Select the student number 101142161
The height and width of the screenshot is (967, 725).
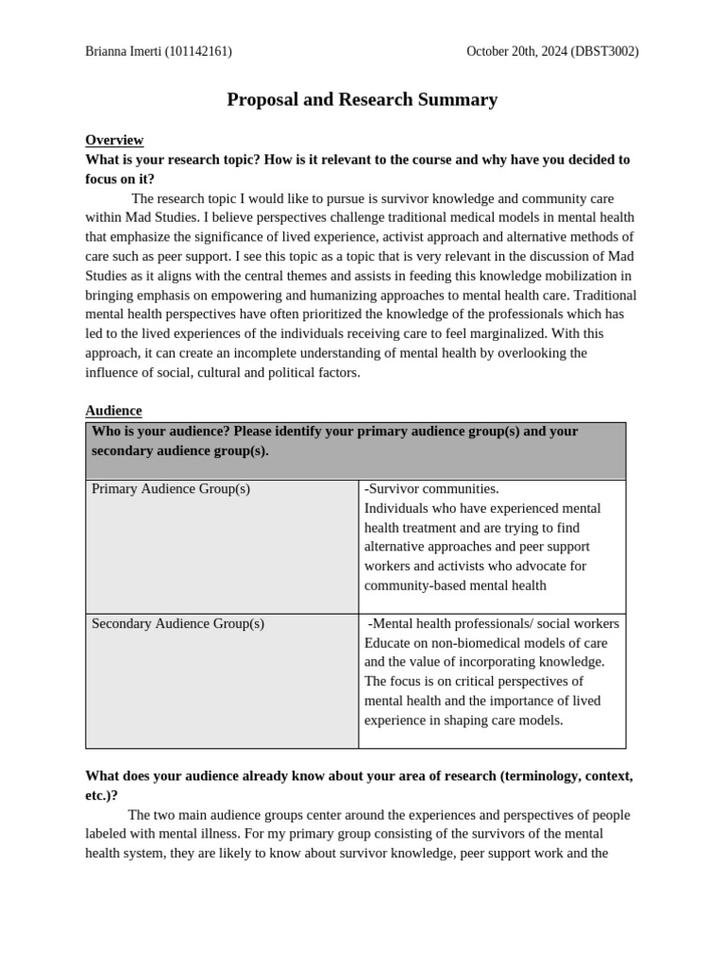[x=198, y=52]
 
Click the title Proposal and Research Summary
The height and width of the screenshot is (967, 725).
[x=362, y=99]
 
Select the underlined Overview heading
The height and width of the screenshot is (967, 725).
[x=114, y=140]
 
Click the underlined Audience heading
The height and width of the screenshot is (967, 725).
[x=113, y=411]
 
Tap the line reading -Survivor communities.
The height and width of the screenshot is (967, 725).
[x=431, y=489]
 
